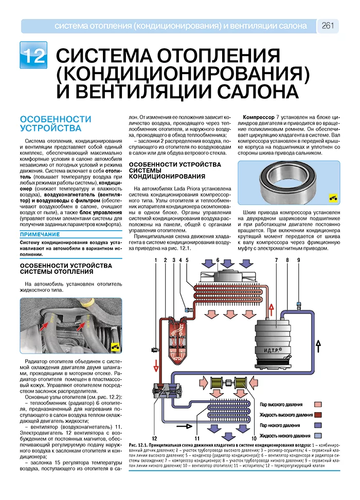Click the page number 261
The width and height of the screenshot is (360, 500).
(328, 26)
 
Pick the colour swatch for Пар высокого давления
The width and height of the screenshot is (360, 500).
(318, 404)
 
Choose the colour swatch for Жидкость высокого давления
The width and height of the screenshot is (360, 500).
(318, 415)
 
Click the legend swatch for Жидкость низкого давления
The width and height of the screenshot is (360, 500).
(318, 435)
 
